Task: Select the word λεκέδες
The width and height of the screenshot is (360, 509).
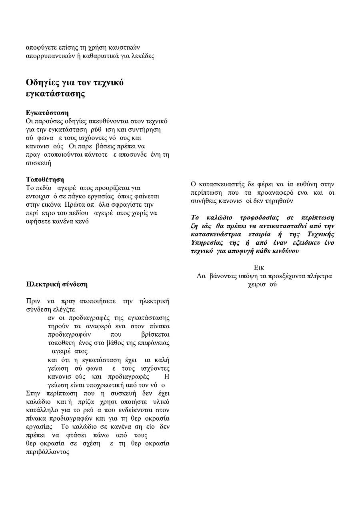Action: (142, 56)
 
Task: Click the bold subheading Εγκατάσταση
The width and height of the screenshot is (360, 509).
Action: (47, 113)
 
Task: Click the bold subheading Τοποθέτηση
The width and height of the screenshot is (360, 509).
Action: (45, 180)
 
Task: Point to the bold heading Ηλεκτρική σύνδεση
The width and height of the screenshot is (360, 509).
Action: (57, 285)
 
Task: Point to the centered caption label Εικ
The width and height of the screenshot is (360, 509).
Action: (259, 267)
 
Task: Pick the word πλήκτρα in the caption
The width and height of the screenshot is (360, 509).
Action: (320, 276)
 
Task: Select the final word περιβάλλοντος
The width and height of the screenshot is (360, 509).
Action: (48, 452)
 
